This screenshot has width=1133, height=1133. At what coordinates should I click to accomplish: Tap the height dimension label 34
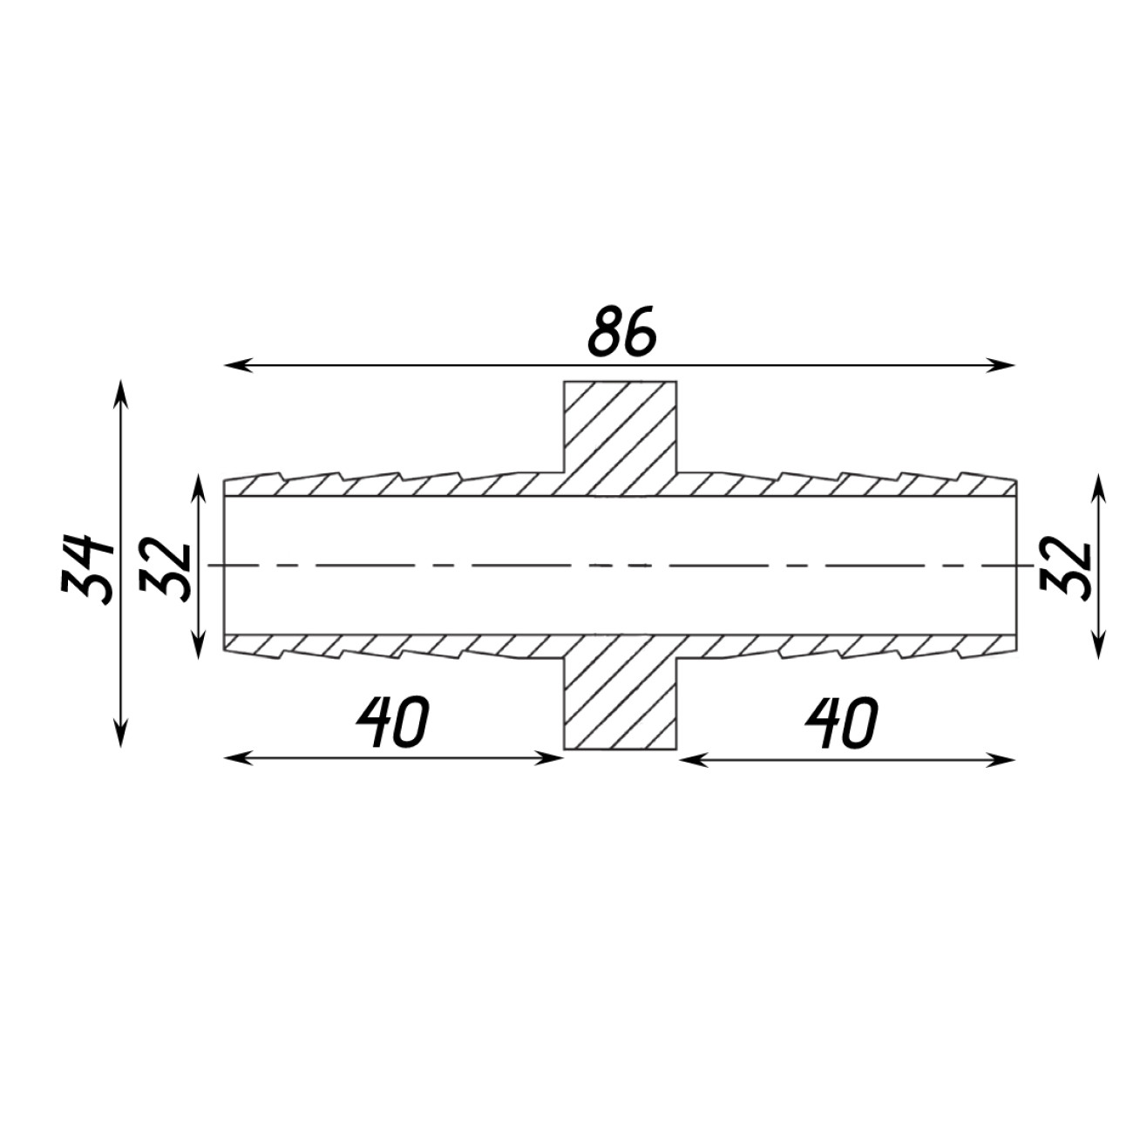point(86,569)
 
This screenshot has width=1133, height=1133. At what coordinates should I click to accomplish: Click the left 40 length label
point(393,722)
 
